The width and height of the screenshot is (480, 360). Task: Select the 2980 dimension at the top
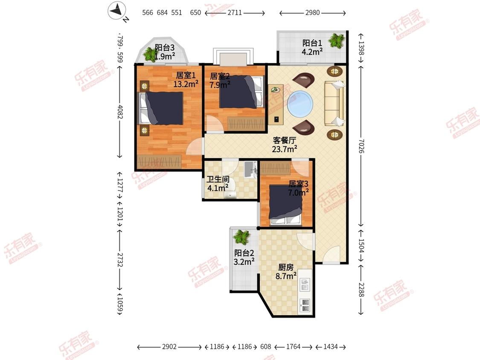tap(313, 12)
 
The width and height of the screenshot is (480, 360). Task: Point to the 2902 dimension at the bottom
tap(169, 346)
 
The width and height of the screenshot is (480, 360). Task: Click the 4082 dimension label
tap(120, 112)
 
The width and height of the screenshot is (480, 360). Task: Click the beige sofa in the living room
tap(334, 103)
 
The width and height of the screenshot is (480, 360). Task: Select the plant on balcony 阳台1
tap(337, 41)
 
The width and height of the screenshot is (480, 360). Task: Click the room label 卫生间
tap(218, 179)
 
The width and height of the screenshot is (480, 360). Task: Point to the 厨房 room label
tap(285, 267)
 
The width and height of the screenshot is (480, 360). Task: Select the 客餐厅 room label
tap(285, 140)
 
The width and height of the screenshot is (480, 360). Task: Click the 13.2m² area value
tap(186, 84)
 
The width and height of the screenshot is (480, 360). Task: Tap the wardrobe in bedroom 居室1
tap(159, 161)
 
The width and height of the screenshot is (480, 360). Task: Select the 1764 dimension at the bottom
tap(293, 346)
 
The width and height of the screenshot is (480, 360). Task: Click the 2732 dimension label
tap(120, 259)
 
